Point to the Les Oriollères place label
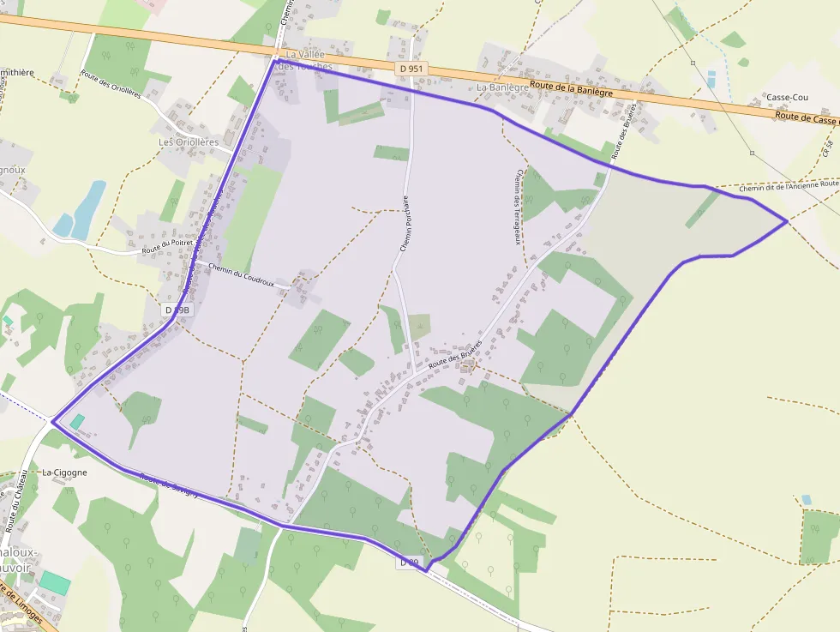pos(189,142)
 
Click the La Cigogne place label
pos(64,472)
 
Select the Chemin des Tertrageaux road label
pos(518,206)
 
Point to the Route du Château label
pos(18,507)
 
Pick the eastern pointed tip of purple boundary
pos(786,222)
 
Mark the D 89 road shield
pos(410,563)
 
